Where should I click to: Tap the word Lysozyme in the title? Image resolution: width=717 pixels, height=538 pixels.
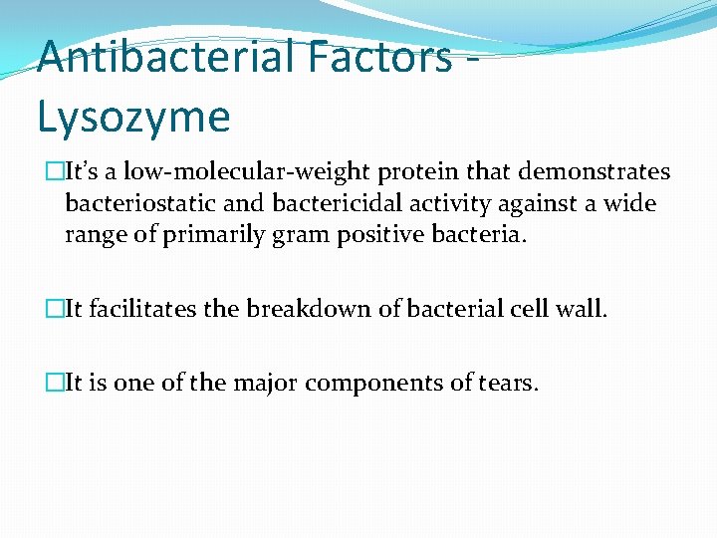tap(133, 117)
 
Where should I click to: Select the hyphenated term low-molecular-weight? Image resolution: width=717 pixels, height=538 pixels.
tap(250, 172)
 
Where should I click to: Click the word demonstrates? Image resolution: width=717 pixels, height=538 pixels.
tap(600, 172)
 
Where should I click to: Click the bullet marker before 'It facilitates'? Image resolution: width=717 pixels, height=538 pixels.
tap(53, 310)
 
